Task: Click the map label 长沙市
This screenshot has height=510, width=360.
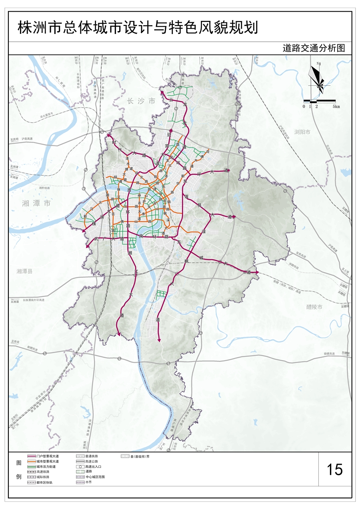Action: point(140,101)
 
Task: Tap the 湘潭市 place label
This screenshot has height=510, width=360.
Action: point(36,203)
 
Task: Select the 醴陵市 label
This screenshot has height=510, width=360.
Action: point(314,307)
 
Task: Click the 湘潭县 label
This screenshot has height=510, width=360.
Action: point(24,271)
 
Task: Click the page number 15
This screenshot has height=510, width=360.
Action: point(334,469)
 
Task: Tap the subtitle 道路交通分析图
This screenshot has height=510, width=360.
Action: point(313,48)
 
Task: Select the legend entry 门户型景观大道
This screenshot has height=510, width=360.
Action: point(47,456)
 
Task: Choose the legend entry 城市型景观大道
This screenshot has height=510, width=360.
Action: point(47,462)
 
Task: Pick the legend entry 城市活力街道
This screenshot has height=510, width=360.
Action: point(46,467)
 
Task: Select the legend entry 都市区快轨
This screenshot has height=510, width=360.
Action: point(44,483)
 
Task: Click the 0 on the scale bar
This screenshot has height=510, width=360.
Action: point(304,106)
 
